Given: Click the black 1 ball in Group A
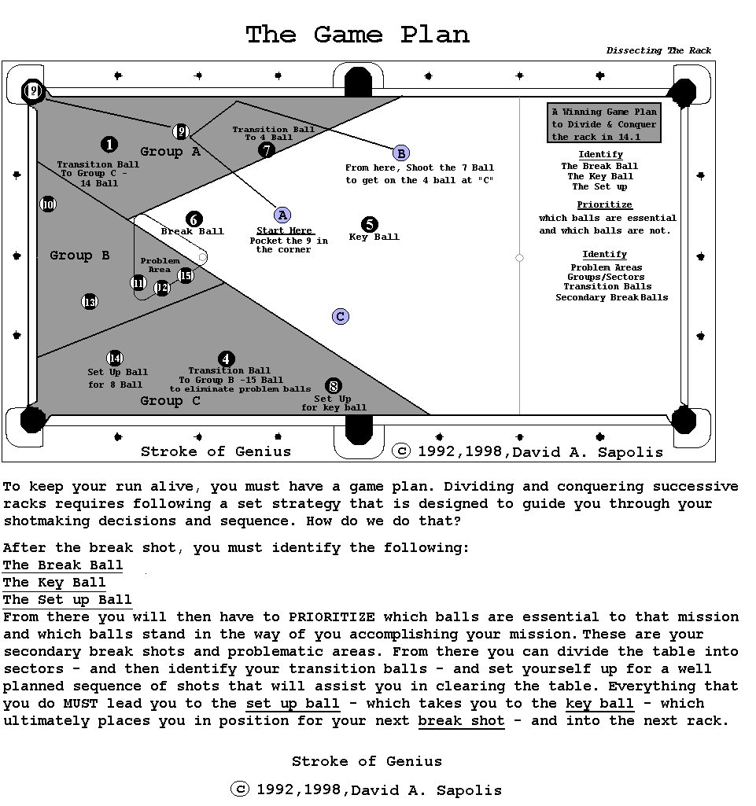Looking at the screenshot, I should click(109, 145).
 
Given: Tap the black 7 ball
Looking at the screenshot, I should click(267, 149).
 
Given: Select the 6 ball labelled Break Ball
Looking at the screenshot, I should click(194, 219).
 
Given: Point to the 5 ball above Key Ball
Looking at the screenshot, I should click(370, 225).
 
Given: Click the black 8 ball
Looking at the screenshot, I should click(334, 386).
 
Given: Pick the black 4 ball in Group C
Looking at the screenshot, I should click(227, 359).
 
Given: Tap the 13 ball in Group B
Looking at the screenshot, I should click(90, 302).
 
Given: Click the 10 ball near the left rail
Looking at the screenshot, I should click(48, 204).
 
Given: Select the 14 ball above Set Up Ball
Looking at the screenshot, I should click(116, 359).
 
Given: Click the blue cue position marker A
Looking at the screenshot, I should click(282, 215).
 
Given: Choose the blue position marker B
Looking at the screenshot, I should click(400, 153).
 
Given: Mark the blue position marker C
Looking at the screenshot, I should click(341, 316).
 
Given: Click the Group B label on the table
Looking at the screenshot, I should click(79, 256).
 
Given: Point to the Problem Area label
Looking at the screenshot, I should click(160, 265).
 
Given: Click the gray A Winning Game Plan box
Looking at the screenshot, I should click(604, 123).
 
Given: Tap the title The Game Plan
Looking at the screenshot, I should click(357, 35).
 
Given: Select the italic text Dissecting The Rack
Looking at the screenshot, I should click(658, 51).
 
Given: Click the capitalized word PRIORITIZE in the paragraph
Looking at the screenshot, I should click(331, 617).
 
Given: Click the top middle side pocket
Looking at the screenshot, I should click(358, 81).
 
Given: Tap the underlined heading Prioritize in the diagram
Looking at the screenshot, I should click(605, 204).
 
